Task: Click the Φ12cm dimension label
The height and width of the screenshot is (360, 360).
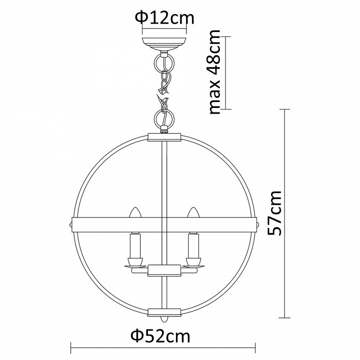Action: (x=164, y=18)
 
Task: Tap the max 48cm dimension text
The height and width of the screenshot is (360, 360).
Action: (x=215, y=72)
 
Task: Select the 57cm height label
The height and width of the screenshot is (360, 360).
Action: (x=275, y=212)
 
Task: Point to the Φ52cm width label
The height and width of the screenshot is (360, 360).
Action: (x=160, y=336)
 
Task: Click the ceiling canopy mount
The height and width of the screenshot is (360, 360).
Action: (x=164, y=44)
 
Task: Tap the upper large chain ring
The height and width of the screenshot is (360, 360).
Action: (x=164, y=62)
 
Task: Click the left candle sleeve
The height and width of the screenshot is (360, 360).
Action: (x=135, y=245)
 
